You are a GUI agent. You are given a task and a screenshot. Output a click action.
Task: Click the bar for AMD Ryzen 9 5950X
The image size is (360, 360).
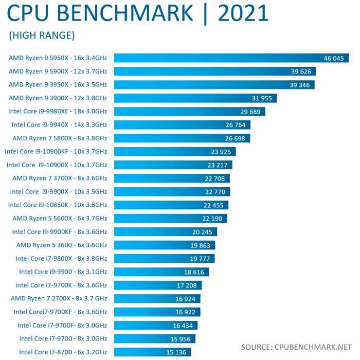tap(231, 58)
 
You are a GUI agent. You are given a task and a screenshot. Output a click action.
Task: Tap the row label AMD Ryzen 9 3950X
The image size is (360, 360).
tap(58, 84)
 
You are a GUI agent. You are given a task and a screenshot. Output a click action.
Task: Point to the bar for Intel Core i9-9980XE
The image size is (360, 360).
tap(189, 111)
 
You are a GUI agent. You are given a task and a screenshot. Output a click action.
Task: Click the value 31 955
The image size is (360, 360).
tap(263, 98)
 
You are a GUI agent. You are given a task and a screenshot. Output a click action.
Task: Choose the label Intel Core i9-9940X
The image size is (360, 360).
tap(59, 124)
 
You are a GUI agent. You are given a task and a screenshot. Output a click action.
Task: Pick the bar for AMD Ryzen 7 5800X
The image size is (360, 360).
tap(182, 138)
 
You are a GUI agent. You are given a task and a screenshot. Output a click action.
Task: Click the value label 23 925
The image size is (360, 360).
tap(222, 152)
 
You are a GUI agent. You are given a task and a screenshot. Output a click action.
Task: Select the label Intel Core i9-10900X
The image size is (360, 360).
tap(57, 165)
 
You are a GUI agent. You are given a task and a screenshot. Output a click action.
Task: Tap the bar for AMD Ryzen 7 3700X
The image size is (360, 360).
tap(172, 178)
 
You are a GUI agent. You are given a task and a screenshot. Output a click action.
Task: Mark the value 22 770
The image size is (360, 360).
tap(215, 192)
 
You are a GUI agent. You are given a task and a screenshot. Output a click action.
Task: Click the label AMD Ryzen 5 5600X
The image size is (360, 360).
tap(60, 218)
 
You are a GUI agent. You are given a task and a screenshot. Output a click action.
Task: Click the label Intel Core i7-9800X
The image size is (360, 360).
tap(61, 258)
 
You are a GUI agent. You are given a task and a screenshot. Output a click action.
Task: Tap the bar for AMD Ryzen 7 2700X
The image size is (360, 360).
tap(157, 298)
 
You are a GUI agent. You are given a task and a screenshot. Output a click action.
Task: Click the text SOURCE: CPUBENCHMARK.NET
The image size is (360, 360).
tap(297, 346)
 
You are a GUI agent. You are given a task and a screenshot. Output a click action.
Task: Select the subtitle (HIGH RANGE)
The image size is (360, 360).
tap(42, 35)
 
